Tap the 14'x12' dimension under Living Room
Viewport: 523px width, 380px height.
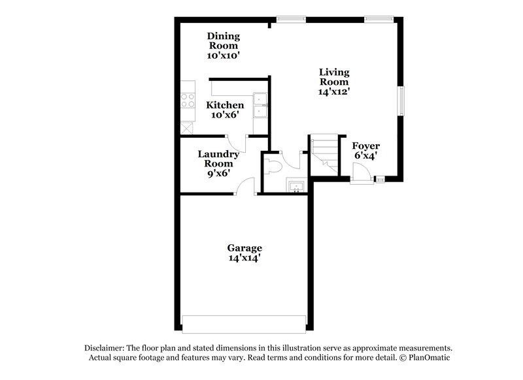[x=334, y=92]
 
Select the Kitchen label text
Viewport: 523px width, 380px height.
[x=225, y=105]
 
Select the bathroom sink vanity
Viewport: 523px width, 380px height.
[x=296, y=186]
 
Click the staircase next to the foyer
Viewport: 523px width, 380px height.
[x=324, y=155]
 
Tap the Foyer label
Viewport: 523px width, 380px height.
[x=365, y=146]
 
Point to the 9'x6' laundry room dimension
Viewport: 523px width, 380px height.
[x=218, y=174]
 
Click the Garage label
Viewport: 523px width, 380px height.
[x=245, y=248]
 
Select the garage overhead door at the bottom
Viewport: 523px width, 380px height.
[x=244, y=325]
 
